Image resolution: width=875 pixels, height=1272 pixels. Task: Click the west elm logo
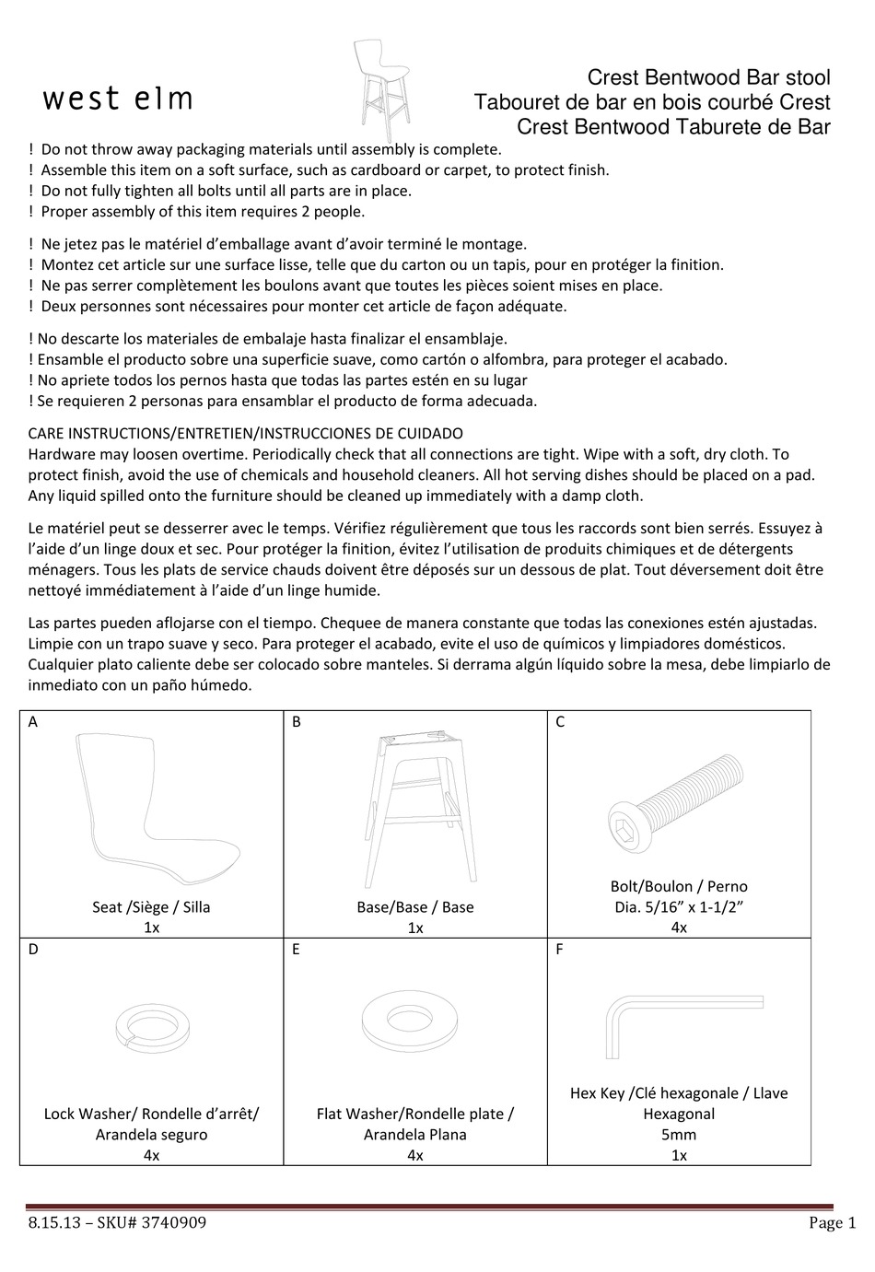pyautogui.click(x=118, y=99)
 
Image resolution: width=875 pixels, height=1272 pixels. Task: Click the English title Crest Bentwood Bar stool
pyautogui.click(x=708, y=78)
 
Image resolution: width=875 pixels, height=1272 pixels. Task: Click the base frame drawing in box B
pyautogui.click(x=415, y=806)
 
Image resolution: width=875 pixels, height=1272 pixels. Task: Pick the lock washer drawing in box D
pyautogui.click(x=151, y=1024)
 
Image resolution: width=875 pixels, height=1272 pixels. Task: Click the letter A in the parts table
pyautogui.click(x=33, y=722)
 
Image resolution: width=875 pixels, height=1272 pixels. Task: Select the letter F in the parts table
pyautogui.click(x=560, y=950)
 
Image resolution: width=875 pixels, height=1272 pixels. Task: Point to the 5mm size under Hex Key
pyautogui.click(x=679, y=1135)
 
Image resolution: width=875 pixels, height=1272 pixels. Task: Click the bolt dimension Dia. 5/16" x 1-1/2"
pyautogui.click(x=679, y=907)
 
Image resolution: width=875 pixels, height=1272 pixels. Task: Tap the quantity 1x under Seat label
pyautogui.click(x=151, y=928)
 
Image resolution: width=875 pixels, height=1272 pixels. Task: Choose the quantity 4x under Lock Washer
pyautogui.click(x=151, y=1155)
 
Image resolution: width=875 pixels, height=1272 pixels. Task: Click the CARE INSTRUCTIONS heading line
pyautogui.click(x=246, y=433)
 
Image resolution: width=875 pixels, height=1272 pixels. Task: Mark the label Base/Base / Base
pyautogui.click(x=415, y=907)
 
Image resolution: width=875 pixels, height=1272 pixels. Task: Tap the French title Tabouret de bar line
pyautogui.click(x=651, y=103)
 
